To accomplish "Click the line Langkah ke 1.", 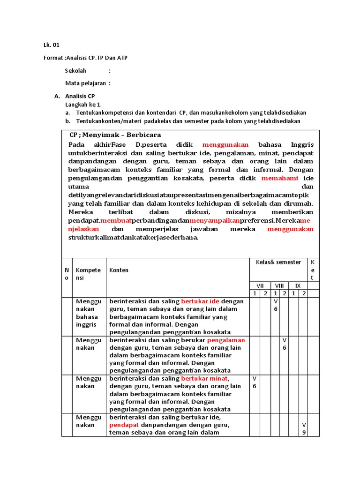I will point(83,105).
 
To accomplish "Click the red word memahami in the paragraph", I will point(280,178).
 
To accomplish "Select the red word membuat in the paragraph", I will point(116,220).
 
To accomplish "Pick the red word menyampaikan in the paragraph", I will point(215,220).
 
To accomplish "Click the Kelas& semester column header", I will point(278,262).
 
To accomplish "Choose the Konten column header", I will point(119,270).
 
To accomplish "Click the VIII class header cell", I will point(279,285).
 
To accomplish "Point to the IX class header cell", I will point(298,285).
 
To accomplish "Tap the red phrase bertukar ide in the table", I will point(200,301).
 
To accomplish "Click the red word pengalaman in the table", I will point(226,340).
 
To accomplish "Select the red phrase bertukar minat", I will point(204,378).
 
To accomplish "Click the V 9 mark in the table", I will point(304,428).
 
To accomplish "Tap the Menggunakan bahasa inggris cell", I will point(89,313).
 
